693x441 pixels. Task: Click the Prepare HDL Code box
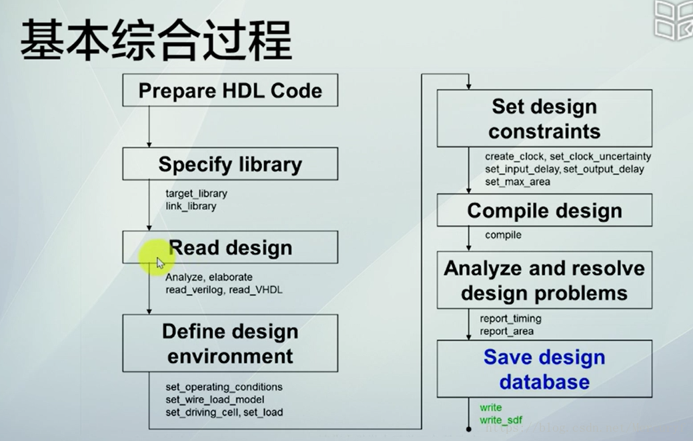[230, 91]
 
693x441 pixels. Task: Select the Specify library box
[230, 164]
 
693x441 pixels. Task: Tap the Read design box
[230, 248]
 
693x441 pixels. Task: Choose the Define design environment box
[230, 343]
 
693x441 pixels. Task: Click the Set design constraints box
[544, 119]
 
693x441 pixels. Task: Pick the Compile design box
[544, 211]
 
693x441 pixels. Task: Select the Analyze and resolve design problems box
[544, 280]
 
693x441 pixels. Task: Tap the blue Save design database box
[544, 369]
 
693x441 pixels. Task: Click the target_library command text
[196, 193]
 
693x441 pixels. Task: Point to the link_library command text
[191, 206]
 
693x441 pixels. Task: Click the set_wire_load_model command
[215, 400]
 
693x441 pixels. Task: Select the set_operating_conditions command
[224, 387]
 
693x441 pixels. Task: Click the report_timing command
[510, 318]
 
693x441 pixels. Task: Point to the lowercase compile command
[503, 235]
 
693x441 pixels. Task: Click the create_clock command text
[514, 157]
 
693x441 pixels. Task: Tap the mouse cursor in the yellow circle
[160, 262]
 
